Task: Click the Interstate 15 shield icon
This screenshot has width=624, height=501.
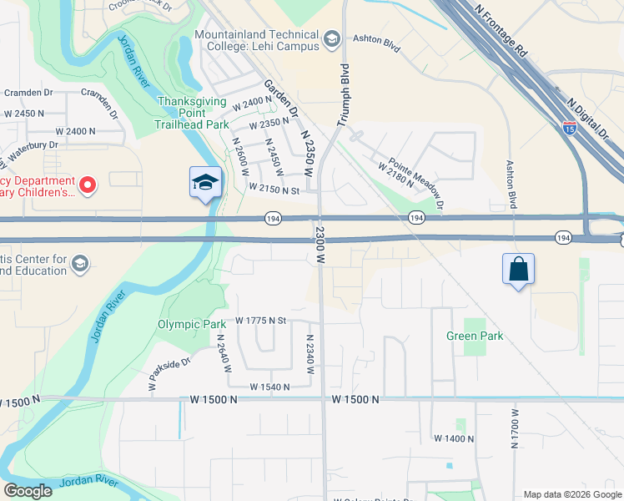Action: click(x=570, y=128)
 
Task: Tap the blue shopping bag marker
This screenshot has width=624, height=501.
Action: click(x=518, y=270)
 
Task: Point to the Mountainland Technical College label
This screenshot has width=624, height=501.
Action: click(x=257, y=40)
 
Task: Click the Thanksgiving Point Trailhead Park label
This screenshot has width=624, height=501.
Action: click(x=193, y=113)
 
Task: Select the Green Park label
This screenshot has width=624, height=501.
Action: click(x=475, y=336)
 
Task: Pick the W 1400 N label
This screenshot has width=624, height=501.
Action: click(x=453, y=438)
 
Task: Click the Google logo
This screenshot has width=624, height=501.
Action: click(x=28, y=491)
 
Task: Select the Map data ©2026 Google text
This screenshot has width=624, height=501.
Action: click(x=571, y=494)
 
